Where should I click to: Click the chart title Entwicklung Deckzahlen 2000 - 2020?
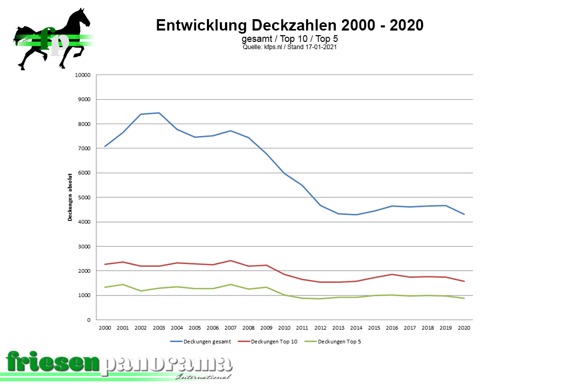pyautogui.click(x=290, y=25)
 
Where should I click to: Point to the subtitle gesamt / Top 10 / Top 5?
pyautogui.click(x=290, y=39)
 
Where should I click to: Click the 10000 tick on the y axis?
pyautogui.click(x=83, y=75)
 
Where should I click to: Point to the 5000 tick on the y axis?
pyautogui.click(x=84, y=198)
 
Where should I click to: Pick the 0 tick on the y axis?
pyautogui.click(x=89, y=320)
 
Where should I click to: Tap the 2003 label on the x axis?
pyautogui.click(x=159, y=328)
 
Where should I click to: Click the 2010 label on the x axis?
pyautogui.click(x=284, y=328)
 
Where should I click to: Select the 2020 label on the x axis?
pyautogui.click(x=465, y=328)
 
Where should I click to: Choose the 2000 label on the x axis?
pyautogui.click(x=104, y=328)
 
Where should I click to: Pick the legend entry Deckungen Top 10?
pyautogui.click(x=274, y=341)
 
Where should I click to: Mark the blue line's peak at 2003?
pyautogui.click(x=159, y=113)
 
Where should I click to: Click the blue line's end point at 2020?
pyautogui.click(x=465, y=214)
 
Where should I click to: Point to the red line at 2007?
pyautogui.click(x=231, y=261)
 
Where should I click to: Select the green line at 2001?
pyautogui.click(x=123, y=285)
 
